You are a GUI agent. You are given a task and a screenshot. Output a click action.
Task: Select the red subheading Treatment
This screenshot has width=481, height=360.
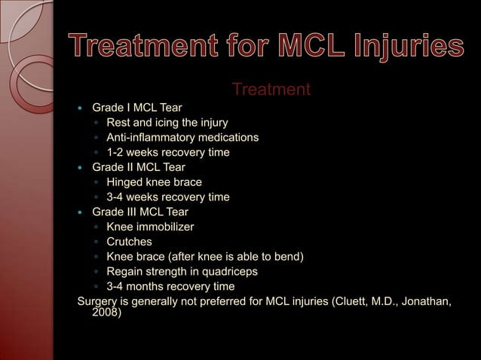pos(271,90)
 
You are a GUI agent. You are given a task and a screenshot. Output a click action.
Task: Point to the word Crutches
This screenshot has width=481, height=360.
pos(129,242)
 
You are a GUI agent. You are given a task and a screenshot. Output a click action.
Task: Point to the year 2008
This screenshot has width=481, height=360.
pos(105,314)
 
